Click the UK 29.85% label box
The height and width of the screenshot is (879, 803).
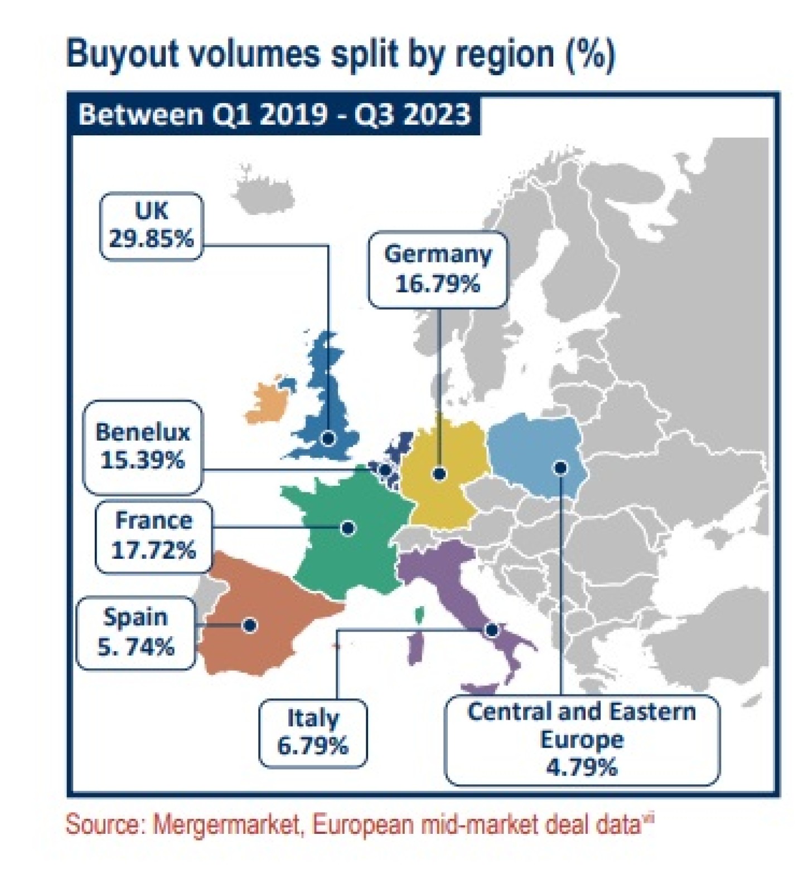point(151,226)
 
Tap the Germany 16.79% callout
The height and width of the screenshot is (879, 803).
point(438,270)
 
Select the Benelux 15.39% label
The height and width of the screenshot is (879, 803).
point(143,447)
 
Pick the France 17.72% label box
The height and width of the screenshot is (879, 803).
point(153,536)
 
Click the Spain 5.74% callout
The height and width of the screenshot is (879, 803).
point(136,632)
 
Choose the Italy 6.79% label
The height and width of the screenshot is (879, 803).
point(313,732)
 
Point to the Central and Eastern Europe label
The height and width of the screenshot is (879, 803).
point(582,739)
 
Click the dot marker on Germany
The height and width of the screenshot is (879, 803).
point(439,474)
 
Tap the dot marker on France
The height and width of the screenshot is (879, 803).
point(348,528)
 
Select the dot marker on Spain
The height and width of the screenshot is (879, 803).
point(250,625)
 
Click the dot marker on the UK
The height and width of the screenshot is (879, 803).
point(328,438)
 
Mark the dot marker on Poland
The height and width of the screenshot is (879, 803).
point(561,468)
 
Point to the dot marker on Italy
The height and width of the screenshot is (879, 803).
point(491,630)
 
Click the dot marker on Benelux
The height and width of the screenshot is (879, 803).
point(385,471)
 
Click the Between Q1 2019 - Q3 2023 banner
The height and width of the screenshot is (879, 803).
point(274,115)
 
